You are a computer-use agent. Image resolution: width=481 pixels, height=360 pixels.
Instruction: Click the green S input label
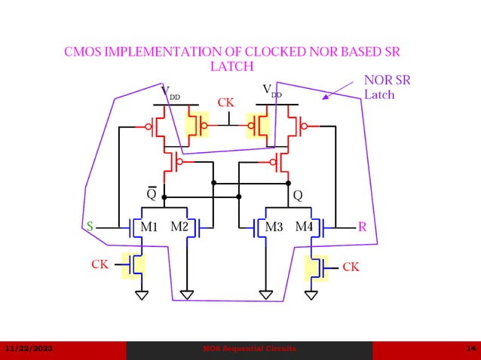[x=90, y=226]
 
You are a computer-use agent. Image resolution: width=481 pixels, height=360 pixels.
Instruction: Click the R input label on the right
[x=362, y=226]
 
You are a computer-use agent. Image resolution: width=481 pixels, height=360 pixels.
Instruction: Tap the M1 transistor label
[x=149, y=227]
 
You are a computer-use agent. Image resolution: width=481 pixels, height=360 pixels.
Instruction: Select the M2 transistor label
[x=179, y=227]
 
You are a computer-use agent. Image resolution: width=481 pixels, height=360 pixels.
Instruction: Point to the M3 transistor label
[x=274, y=227]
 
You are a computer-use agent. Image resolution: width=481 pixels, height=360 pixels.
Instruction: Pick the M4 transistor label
[x=304, y=227]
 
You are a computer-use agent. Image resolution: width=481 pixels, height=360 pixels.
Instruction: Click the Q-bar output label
[x=152, y=194]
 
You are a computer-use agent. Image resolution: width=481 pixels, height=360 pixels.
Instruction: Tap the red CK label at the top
[x=226, y=102]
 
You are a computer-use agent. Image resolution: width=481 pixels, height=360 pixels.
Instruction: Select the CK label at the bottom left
[x=100, y=264]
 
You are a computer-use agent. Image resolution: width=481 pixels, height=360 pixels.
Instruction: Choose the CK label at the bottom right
[x=351, y=267]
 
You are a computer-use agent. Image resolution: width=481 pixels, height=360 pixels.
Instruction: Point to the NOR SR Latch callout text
[x=387, y=87]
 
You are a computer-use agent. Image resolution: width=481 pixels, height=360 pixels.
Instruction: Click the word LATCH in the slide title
[x=231, y=67]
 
